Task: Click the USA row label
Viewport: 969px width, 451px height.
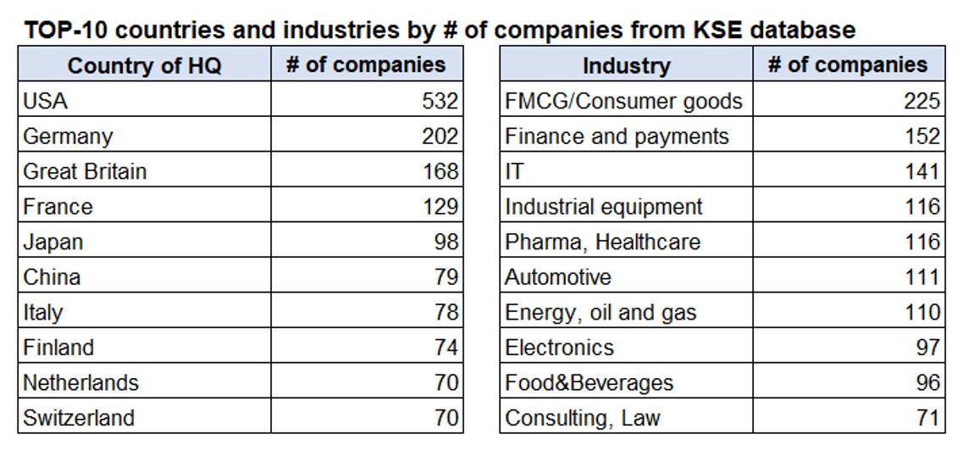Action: pos(45,100)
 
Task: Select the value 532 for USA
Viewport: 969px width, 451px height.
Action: pos(440,100)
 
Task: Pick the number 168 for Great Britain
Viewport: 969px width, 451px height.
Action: pos(440,170)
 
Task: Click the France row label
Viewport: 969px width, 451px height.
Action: pos(58,206)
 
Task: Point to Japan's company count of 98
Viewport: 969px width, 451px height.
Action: pos(446,242)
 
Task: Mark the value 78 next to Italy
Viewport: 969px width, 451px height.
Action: pos(446,312)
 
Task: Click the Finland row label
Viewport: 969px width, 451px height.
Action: pos(58,347)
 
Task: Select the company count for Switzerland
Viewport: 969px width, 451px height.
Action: pos(446,418)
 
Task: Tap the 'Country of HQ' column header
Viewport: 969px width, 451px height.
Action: pos(145,65)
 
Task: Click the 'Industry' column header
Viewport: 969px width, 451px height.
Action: pos(627,65)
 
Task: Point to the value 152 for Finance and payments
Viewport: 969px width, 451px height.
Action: pos(922,136)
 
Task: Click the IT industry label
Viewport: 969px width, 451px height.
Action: pos(514,170)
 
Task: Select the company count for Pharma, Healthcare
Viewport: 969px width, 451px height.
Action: pos(922,242)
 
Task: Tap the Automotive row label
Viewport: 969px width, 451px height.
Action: pos(558,276)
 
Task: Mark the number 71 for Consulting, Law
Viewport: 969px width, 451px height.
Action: pos(928,418)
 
